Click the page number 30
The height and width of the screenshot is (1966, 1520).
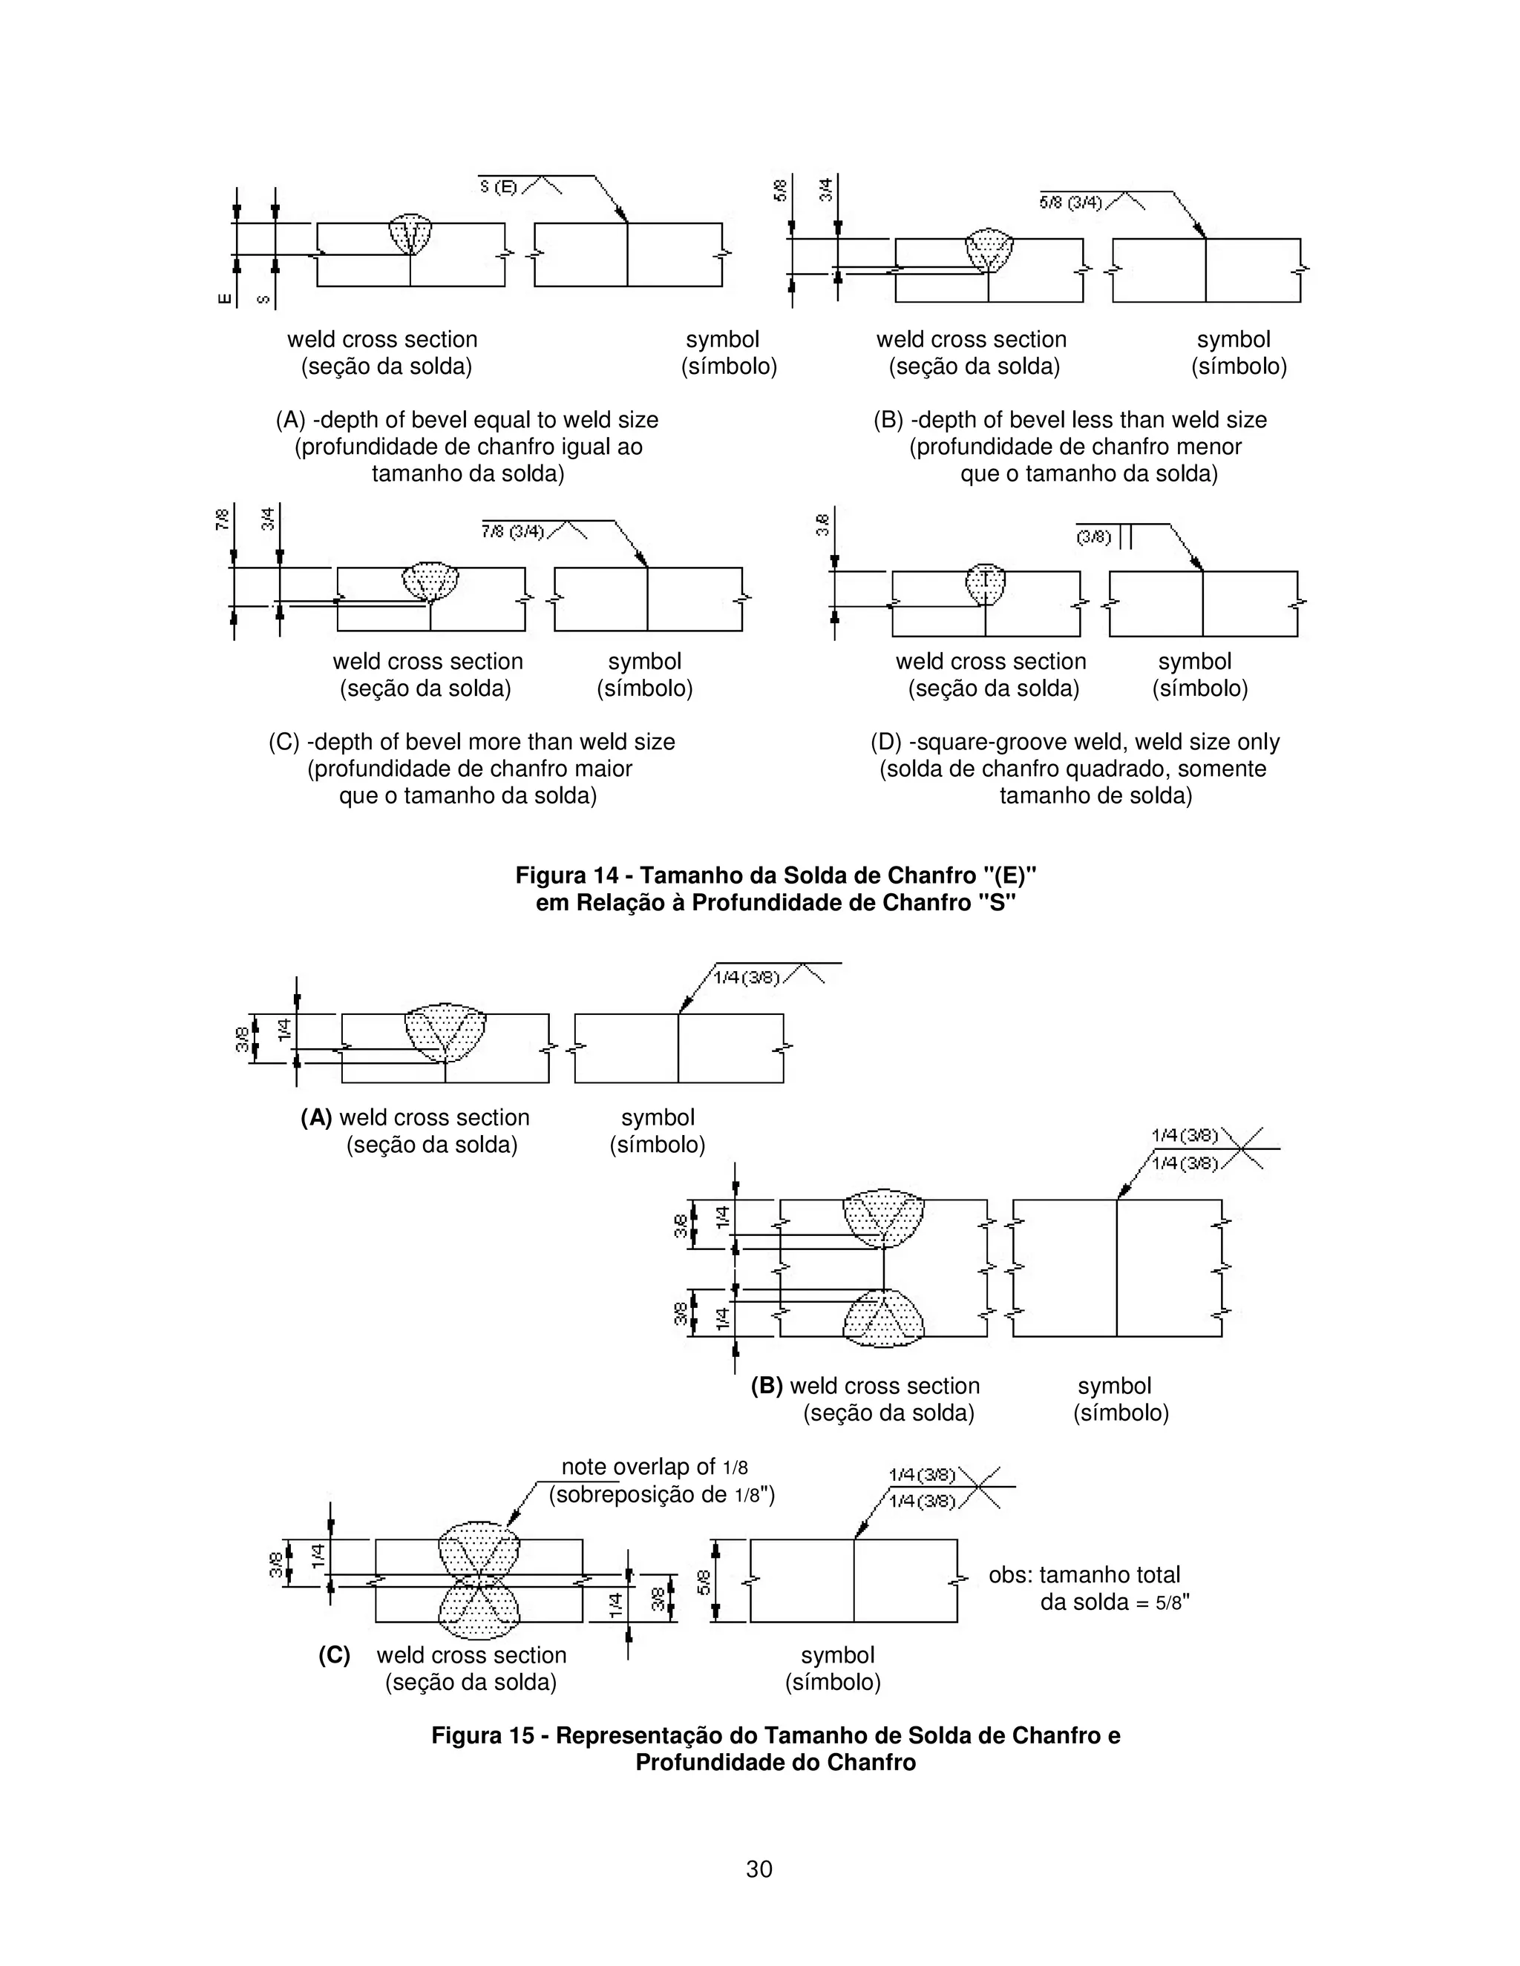pyautogui.click(x=759, y=1869)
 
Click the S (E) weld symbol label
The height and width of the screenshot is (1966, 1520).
pyautogui.click(x=499, y=187)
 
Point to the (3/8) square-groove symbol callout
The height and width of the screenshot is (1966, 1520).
pyautogui.click(x=1093, y=537)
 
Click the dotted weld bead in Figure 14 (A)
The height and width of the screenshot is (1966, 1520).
pyautogui.click(x=410, y=233)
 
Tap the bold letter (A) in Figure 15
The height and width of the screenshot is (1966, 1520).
pyautogui.click(x=316, y=1118)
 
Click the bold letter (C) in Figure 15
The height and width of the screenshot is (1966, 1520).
pyautogui.click(x=334, y=1655)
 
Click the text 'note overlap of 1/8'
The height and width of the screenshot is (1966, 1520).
pyautogui.click(x=655, y=1467)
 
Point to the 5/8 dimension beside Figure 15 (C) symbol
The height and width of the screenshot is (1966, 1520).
pyautogui.click(x=704, y=1582)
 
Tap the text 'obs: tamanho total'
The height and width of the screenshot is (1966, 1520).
pyautogui.click(x=1084, y=1575)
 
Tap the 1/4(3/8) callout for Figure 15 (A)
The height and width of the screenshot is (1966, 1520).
pyautogui.click(x=747, y=978)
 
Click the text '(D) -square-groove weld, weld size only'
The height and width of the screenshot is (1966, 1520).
pyautogui.click(x=1074, y=743)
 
